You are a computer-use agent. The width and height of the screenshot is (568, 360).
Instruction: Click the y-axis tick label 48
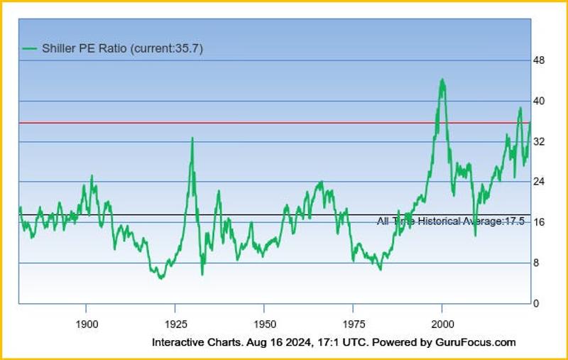pos(538,60)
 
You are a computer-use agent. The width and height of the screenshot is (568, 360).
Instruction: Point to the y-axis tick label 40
pos(538,101)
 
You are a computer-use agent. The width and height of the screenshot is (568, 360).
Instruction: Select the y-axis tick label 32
pos(538,142)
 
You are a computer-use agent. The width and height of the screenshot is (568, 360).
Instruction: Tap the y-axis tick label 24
pos(538,182)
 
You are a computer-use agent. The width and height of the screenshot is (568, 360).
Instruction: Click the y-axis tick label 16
pos(538,222)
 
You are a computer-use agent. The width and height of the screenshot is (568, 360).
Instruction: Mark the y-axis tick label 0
pos(536,303)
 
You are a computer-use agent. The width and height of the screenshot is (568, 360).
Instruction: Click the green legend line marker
pos(28,48)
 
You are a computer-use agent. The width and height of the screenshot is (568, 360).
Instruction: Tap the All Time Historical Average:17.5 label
pos(450,222)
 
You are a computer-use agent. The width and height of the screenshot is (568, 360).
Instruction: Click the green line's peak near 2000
pos(442,80)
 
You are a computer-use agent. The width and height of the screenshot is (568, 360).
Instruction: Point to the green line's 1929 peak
pos(192,138)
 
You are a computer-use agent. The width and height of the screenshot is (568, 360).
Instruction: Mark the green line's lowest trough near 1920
pos(160,278)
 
